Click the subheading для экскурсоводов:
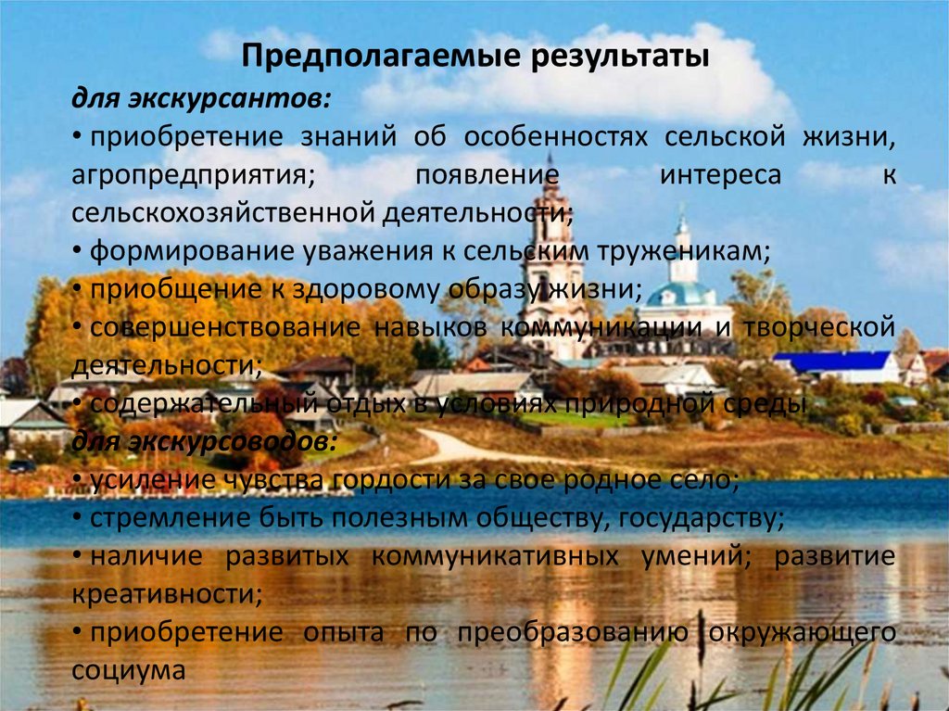coord(206,443)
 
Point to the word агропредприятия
coord(200,175)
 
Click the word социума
coord(129,670)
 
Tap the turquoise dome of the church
coord(681,295)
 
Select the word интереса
coord(720,175)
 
